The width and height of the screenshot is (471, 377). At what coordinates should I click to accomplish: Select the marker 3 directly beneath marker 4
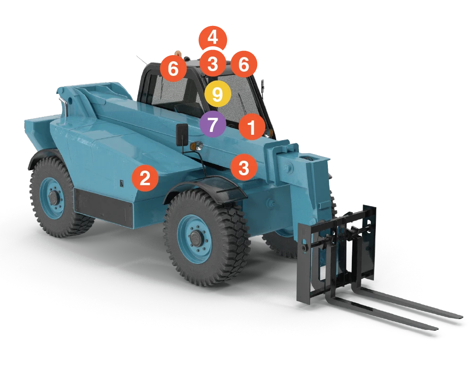click(x=213, y=63)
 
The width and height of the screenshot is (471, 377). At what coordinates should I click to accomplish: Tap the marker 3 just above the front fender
click(x=244, y=167)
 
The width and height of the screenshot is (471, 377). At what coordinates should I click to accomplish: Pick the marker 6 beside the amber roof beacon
click(x=173, y=69)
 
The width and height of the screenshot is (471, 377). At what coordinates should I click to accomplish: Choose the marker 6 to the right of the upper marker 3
click(x=244, y=64)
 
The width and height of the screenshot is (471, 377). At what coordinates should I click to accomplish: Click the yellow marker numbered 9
click(x=217, y=94)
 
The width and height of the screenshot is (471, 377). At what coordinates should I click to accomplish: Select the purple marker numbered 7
click(x=213, y=125)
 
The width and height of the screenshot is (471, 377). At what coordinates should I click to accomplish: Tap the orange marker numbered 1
click(x=252, y=127)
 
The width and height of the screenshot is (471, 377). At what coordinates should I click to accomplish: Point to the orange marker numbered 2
click(x=145, y=179)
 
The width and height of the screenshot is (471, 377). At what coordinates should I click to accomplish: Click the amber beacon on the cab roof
click(x=178, y=53)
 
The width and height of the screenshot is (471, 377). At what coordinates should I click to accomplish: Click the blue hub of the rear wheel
click(x=51, y=197)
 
